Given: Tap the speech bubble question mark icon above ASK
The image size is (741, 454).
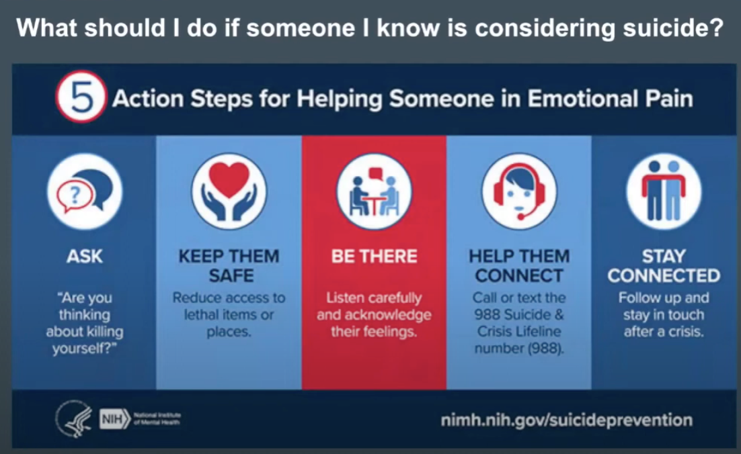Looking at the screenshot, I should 84,192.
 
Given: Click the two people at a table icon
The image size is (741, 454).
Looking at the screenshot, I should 374,192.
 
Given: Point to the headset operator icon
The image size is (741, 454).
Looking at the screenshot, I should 518,191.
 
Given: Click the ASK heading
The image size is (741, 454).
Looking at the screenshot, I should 84,256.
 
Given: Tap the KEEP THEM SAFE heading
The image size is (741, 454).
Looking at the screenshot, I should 229,266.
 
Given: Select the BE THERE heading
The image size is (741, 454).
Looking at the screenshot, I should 374,256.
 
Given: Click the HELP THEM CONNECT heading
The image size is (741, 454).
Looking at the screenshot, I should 518,266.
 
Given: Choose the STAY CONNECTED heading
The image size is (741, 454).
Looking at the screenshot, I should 664,266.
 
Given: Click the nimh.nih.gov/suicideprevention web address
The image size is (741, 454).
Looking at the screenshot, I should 565,420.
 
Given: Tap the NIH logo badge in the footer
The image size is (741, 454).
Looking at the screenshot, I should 114,420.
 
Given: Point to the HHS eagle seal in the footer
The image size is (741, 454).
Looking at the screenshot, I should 73,418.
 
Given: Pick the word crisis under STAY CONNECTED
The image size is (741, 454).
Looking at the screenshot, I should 682,332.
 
